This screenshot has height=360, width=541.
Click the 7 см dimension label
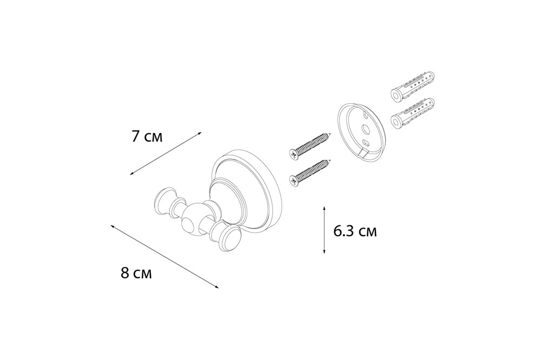(147, 137)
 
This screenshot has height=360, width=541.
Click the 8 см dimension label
(136, 274)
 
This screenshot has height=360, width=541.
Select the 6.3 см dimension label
(355, 231)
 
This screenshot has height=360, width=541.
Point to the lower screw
(309, 173)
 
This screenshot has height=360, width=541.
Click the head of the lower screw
(294, 181)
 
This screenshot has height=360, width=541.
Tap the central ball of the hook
(194, 219)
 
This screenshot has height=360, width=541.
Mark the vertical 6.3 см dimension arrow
(324, 230)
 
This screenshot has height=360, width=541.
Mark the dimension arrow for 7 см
(166, 154)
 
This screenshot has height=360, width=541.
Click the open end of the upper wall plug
(396, 94)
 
